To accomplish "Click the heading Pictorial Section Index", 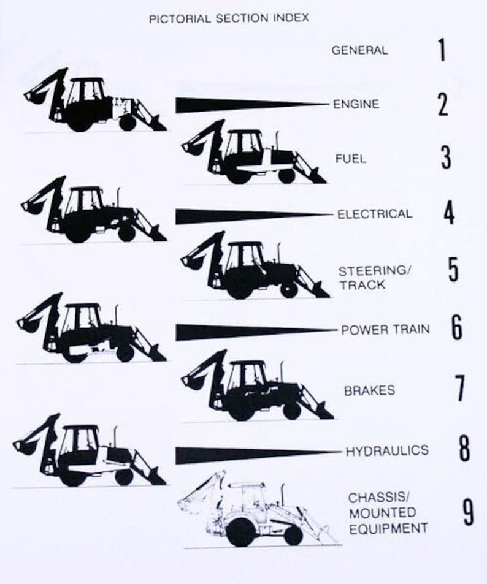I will pyautogui.click(x=229, y=18).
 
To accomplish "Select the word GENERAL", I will pyautogui.click(x=359, y=50).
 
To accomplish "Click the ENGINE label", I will pyautogui.click(x=356, y=104).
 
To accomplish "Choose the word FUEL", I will pyautogui.click(x=350, y=159).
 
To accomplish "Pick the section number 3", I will pyautogui.click(x=445, y=157).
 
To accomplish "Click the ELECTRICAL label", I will pyautogui.click(x=375, y=214).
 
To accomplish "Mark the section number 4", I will pyautogui.click(x=449, y=214).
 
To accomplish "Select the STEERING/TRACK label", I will pyautogui.click(x=372, y=277).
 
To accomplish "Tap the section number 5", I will pyautogui.click(x=453, y=270).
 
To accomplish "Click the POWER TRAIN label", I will pyautogui.click(x=385, y=330).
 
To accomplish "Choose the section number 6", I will pyautogui.click(x=457, y=329).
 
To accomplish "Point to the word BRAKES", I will pyautogui.click(x=369, y=390).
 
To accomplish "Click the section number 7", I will pyautogui.click(x=460, y=389).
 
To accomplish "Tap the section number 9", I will pyautogui.click(x=468, y=513).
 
